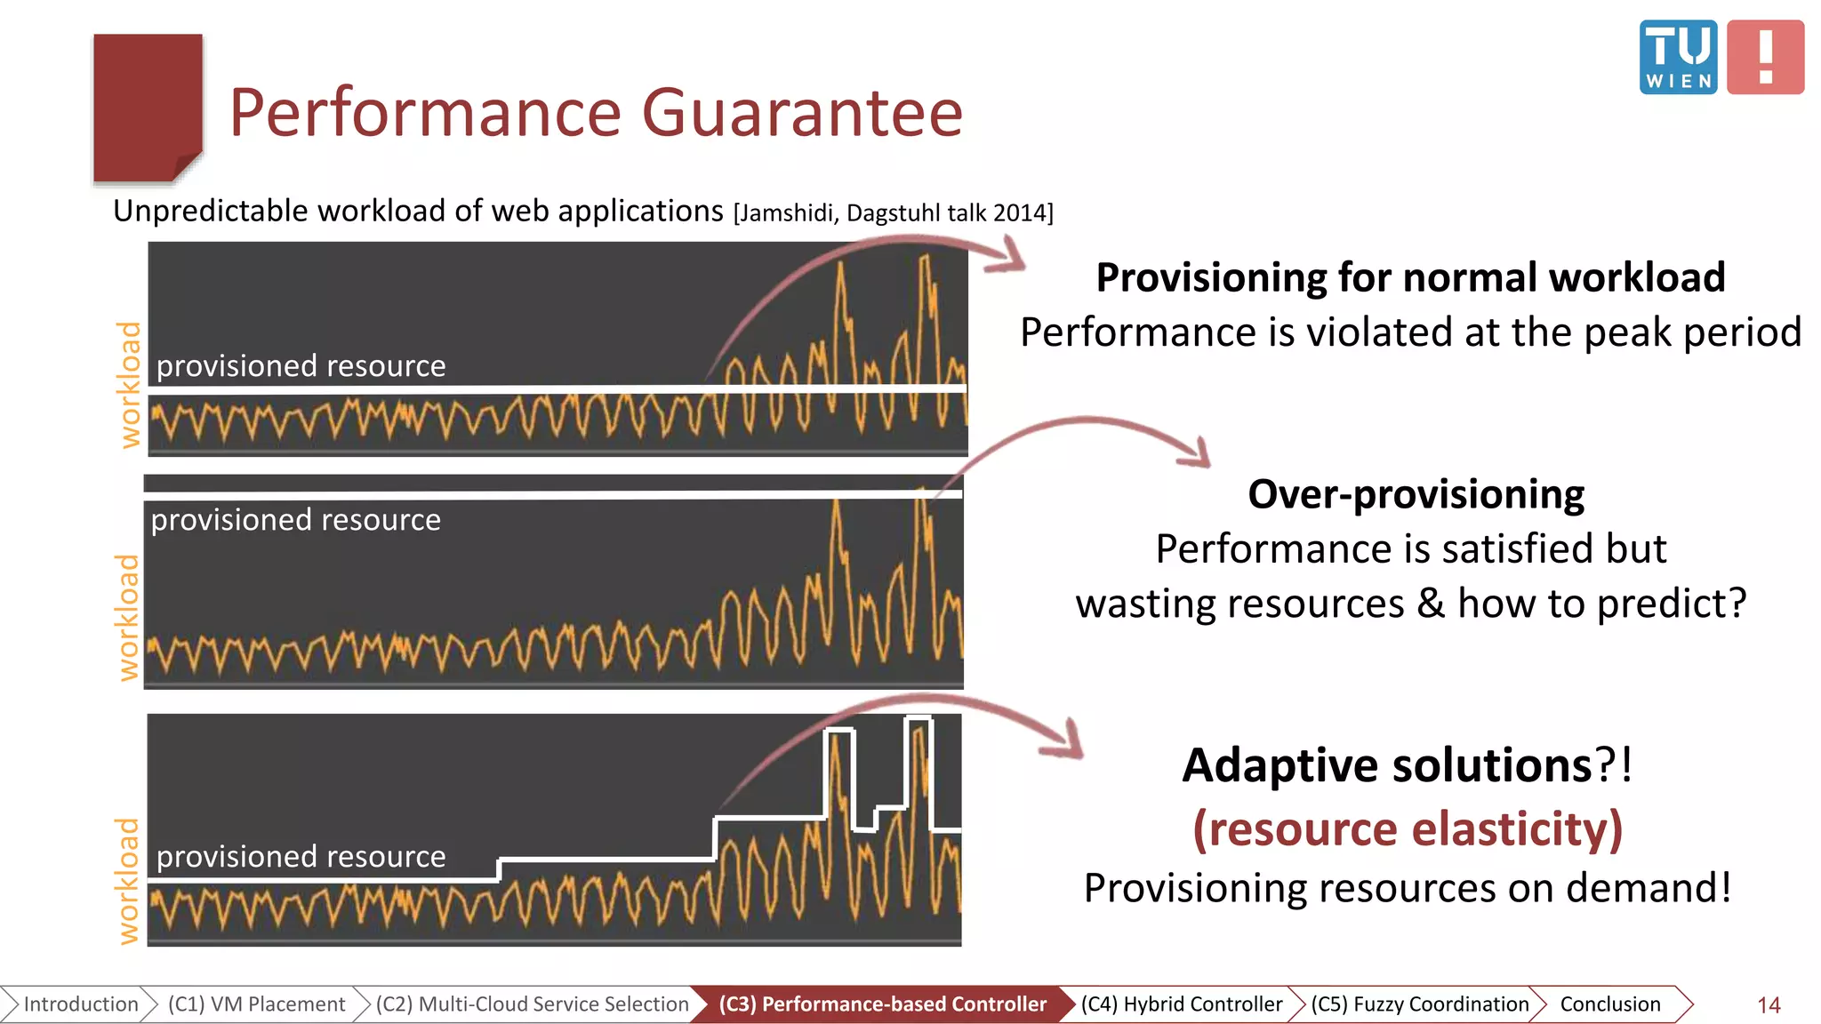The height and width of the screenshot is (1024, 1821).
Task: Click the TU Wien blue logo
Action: coord(1678,57)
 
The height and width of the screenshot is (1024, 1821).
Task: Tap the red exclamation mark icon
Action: coord(1765,57)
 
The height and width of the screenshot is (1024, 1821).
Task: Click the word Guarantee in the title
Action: coord(802,113)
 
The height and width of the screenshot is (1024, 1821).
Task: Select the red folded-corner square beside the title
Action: coord(148,107)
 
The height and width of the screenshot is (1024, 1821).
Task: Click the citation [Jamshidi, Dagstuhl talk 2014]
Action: coord(893,213)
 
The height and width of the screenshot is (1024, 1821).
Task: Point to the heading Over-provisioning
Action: coord(1416,494)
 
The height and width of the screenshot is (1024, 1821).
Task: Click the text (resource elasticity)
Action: coord(1408,828)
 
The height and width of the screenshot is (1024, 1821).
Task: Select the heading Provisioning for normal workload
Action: coord(1410,277)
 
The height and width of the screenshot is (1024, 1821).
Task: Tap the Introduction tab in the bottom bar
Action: coord(80,1004)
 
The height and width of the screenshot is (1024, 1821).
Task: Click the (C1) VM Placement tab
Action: coord(256,1004)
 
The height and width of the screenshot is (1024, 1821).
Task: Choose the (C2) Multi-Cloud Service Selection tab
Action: coord(532,1004)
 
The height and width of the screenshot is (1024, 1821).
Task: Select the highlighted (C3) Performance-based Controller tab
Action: coord(882,1004)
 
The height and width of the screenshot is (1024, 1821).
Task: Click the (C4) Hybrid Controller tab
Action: coord(1181,1004)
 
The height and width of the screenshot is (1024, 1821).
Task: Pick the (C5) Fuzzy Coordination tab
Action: coord(1419,1004)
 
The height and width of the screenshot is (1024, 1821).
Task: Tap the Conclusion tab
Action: coord(1609,1004)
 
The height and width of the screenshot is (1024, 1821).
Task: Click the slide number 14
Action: coord(1768,1005)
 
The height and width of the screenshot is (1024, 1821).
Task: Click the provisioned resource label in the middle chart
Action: coord(295,520)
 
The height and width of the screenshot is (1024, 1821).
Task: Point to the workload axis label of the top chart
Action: coord(130,384)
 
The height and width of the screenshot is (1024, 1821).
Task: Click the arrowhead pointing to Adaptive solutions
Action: coord(1067,743)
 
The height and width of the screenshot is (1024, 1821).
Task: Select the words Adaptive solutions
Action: coord(1387,765)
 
